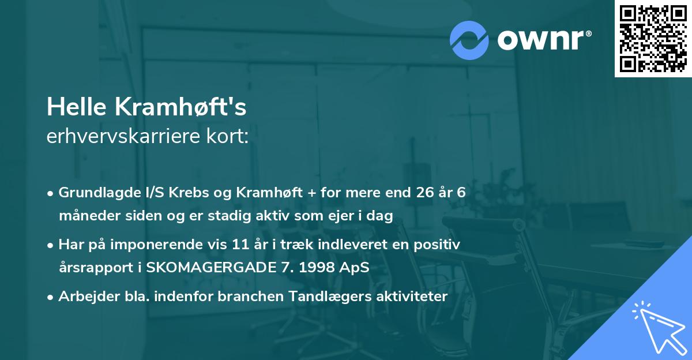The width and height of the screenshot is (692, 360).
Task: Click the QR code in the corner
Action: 653,39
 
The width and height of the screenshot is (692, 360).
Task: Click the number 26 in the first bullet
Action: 423,193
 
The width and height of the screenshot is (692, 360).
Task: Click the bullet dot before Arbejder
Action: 52,297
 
